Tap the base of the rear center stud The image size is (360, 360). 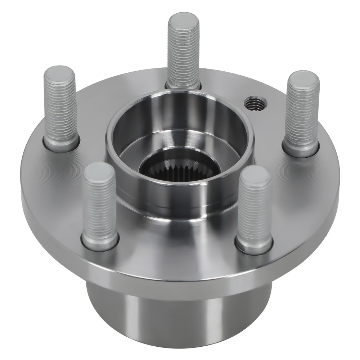(183, 86)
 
